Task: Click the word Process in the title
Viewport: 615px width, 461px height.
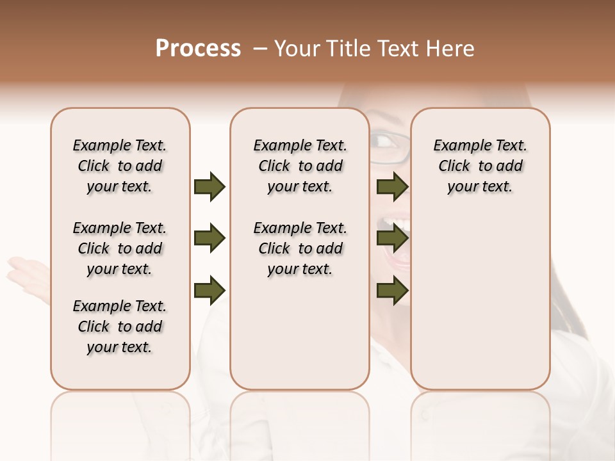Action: (x=198, y=49)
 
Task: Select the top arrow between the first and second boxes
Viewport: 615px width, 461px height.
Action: (x=209, y=186)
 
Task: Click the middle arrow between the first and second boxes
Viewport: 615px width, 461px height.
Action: (x=209, y=238)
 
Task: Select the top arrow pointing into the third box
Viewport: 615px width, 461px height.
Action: (x=393, y=186)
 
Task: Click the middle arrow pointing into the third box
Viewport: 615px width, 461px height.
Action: (x=393, y=238)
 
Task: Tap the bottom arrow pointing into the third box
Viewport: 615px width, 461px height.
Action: (x=393, y=290)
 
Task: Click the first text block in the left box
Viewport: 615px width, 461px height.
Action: (x=120, y=166)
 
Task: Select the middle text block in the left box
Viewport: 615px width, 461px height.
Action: (x=120, y=248)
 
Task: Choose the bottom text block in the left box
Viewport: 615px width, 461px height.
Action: (x=120, y=327)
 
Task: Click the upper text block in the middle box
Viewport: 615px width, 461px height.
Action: (x=300, y=166)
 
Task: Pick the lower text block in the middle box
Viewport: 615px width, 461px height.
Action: (x=300, y=248)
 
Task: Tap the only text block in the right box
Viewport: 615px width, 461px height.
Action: (x=480, y=166)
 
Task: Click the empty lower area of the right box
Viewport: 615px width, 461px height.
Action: (x=480, y=307)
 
